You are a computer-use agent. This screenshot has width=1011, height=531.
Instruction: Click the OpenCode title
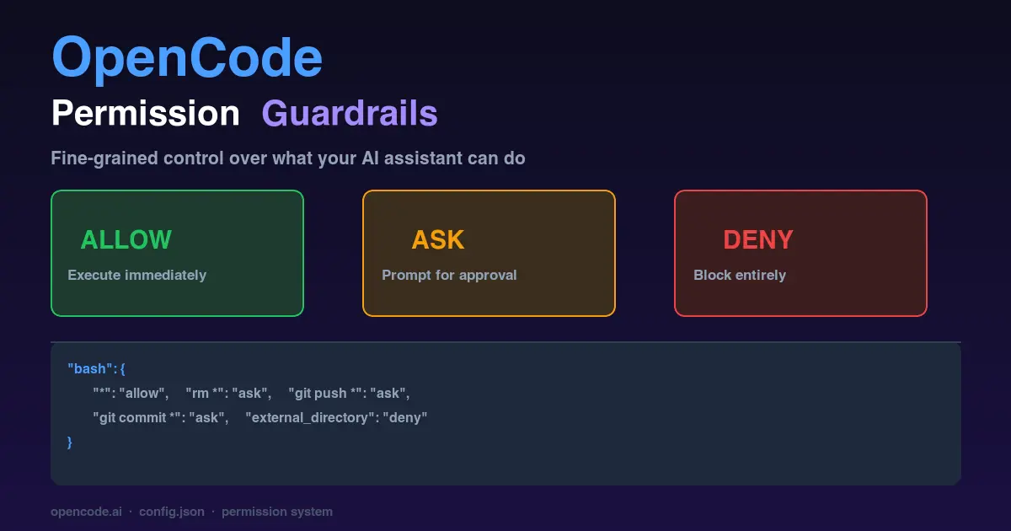click(187, 57)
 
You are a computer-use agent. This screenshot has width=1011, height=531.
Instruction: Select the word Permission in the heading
click(146, 113)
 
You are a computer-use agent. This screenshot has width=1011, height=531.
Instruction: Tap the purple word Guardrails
click(350, 113)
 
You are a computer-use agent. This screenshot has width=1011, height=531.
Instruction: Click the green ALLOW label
click(126, 240)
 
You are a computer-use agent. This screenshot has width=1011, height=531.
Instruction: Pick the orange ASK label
click(437, 240)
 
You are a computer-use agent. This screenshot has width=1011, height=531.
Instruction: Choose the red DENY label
click(758, 240)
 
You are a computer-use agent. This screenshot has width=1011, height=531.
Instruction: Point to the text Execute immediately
click(136, 275)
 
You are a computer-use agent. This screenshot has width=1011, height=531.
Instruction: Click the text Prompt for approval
click(449, 275)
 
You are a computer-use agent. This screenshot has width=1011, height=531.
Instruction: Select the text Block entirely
click(740, 275)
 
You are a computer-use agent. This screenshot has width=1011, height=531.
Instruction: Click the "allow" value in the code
click(144, 393)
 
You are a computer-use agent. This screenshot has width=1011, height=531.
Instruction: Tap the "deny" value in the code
click(406, 417)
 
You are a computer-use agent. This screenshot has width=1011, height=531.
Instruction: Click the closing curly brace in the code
click(70, 442)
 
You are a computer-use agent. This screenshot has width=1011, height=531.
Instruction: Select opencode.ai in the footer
click(86, 512)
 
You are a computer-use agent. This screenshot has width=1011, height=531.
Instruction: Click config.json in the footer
click(172, 512)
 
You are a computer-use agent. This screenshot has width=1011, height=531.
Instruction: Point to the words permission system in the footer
click(277, 512)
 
